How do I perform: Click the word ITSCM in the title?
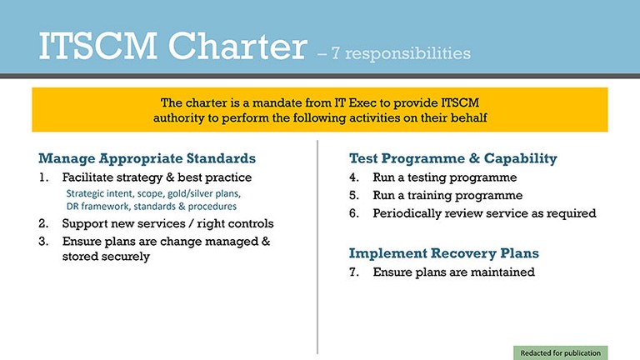click(x=98, y=46)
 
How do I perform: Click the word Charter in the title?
click(x=237, y=46)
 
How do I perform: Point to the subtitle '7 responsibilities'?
click(x=401, y=53)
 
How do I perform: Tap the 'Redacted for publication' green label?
click(x=560, y=352)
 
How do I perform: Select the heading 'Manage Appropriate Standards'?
click(x=147, y=158)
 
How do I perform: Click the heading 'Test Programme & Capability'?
click(x=453, y=158)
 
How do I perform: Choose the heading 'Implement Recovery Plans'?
click(x=444, y=253)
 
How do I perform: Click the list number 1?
click(x=43, y=177)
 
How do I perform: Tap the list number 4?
click(x=354, y=177)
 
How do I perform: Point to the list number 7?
click(x=354, y=272)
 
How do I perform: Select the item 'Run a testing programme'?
click(x=445, y=178)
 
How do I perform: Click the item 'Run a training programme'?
click(x=447, y=196)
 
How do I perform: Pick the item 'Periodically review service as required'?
click(x=484, y=213)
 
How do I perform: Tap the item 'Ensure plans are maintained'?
click(x=454, y=272)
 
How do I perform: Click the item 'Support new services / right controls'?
click(x=167, y=223)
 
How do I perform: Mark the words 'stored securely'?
click(x=106, y=257)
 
